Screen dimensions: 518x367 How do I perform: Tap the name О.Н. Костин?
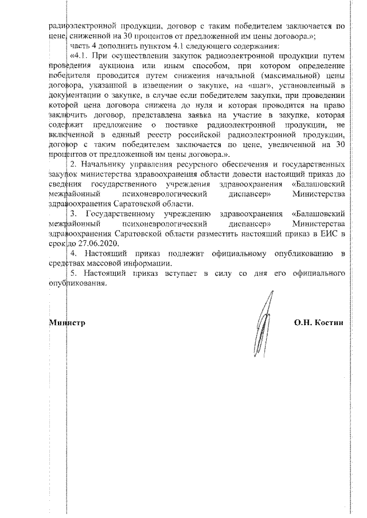(x=319, y=323)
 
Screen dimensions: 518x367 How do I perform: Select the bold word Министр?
(x=67, y=323)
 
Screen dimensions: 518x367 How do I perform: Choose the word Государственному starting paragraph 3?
(x=120, y=213)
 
